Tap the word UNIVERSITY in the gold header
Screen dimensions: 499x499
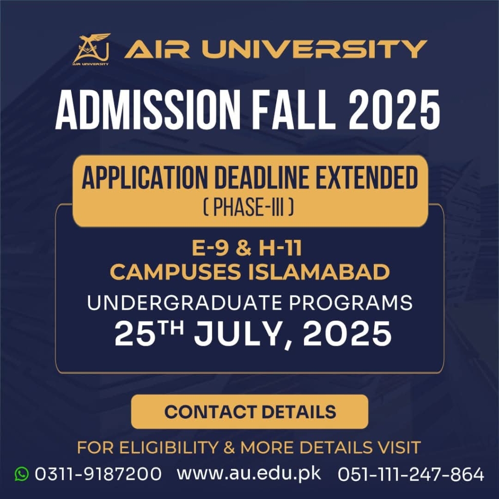point(314,49)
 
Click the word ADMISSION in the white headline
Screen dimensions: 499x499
point(148,110)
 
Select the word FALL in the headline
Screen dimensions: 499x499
point(290,110)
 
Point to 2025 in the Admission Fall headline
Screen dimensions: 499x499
point(394,110)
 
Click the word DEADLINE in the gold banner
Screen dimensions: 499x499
point(261,178)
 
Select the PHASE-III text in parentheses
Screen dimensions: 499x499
point(248,208)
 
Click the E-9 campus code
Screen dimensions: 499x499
point(211,248)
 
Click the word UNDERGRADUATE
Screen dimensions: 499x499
point(185,303)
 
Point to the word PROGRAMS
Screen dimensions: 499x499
point(351,303)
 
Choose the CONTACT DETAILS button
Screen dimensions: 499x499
point(250,411)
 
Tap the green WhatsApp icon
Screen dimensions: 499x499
point(21,474)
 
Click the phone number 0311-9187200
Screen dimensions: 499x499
point(98,474)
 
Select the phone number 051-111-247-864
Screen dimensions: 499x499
point(411,474)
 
